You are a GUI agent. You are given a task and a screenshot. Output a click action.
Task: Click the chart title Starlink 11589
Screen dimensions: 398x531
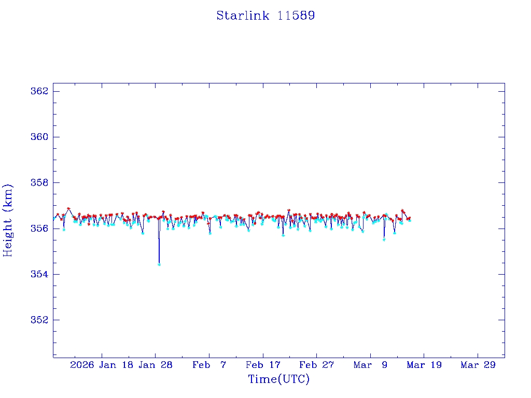click(265, 16)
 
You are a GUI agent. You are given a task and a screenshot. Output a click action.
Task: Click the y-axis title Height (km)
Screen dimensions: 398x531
click(8, 220)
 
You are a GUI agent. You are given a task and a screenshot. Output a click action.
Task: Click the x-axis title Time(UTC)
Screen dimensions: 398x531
click(279, 379)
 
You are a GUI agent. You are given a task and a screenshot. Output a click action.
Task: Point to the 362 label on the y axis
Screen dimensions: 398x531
click(39, 91)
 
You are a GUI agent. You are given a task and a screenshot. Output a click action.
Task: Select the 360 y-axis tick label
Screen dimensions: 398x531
click(39, 137)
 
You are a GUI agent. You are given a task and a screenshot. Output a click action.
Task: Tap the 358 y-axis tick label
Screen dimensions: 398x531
click(39, 183)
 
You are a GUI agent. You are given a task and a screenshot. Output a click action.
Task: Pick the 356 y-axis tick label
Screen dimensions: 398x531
click(39, 229)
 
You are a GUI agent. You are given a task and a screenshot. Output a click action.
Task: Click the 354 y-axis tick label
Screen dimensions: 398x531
click(39, 274)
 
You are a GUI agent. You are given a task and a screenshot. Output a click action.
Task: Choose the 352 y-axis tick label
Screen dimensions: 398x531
click(39, 320)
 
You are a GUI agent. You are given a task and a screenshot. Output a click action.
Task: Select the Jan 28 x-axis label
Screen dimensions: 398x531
click(156, 365)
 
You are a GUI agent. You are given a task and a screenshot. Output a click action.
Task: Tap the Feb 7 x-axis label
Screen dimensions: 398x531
click(209, 365)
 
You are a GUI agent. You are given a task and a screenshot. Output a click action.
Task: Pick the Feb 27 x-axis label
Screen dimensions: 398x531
click(316, 365)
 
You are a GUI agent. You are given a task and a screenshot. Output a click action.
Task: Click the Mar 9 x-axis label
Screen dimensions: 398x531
click(370, 365)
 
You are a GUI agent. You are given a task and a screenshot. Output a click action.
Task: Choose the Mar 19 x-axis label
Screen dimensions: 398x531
click(424, 365)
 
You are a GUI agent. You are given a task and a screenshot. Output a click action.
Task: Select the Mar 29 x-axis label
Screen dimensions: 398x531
click(478, 365)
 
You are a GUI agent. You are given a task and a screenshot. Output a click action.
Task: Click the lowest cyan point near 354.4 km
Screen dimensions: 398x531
click(159, 264)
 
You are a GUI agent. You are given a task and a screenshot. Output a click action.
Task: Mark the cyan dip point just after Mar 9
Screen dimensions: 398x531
click(384, 239)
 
